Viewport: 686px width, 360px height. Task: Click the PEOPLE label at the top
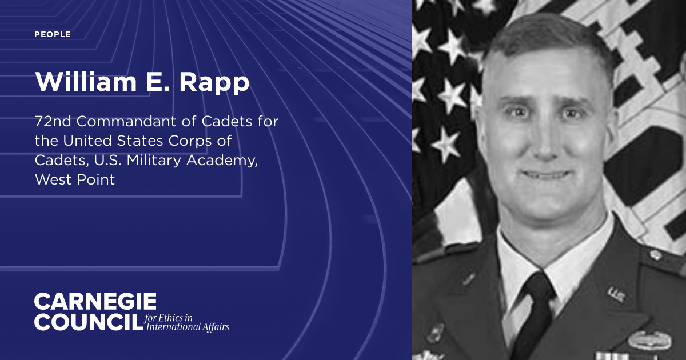click(53, 35)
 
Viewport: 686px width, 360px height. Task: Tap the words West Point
click(75, 179)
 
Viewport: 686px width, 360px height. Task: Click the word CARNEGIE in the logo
click(95, 302)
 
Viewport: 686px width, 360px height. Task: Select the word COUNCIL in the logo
click(88, 322)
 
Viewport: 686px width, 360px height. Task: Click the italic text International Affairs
click(188, 327)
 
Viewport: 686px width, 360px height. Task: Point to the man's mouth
click(545, 173)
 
